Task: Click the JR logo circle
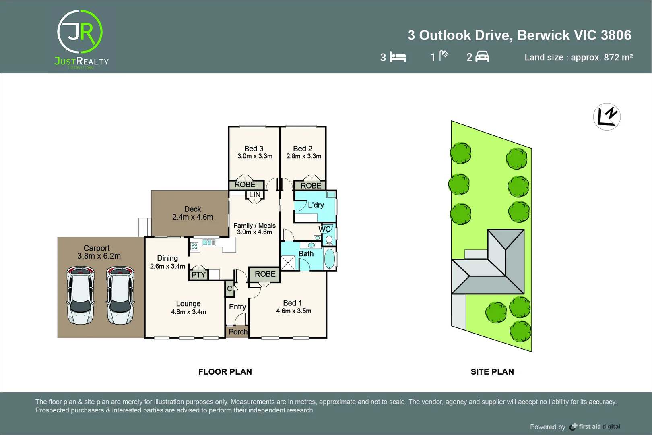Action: click(x=80, y=32)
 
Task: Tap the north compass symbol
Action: click(x=607, y=117)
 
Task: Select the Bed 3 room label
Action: click(x=254, y=149)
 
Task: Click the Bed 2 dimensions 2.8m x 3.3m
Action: click(x=303, y=156)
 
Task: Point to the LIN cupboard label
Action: click(x=254, y=195)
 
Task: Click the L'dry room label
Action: click(x=316, y=205)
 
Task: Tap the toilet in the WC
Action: click(x=329, y=240)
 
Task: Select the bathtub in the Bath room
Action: click(x=329, y=259)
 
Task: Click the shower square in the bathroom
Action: click(x=288, y=263)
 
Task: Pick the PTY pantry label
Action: click(x=198, y=275)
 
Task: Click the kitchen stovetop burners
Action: click(x=194, y=246)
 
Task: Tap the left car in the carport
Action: click(x=80, y=295)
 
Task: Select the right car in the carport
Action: click(x=120, y=295)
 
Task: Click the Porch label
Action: click(x=238, y=332)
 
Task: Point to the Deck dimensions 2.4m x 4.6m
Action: click(x=192, y=217)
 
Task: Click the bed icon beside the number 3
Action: click(x=398, y=57)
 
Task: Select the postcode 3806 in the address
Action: click(x=616, y=35)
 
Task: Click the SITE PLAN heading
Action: click(x=492, y=372)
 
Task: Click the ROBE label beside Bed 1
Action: click(x=265, y=274)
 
